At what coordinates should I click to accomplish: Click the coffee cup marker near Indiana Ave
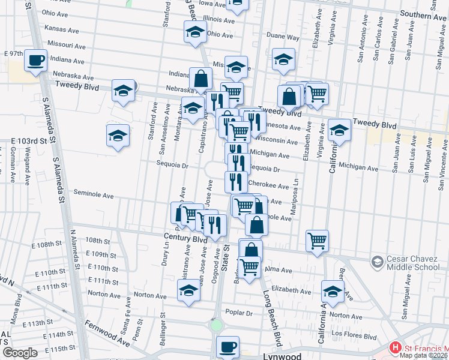pos(35,61)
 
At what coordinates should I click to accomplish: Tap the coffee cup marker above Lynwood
pos(228,347)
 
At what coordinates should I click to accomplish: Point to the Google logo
pos(20,353)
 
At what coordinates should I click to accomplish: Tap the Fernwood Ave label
pos(107,334)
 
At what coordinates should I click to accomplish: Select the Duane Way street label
pos(283,37)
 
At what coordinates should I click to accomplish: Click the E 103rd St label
pos(29,140)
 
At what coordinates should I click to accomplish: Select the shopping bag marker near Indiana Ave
pos(200,78)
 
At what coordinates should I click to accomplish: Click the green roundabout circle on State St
pos(216,325)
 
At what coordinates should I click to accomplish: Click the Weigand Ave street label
pos(28,165)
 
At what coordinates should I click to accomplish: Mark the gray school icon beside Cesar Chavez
pos(377,262)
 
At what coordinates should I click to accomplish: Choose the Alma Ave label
pos(277,270)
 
